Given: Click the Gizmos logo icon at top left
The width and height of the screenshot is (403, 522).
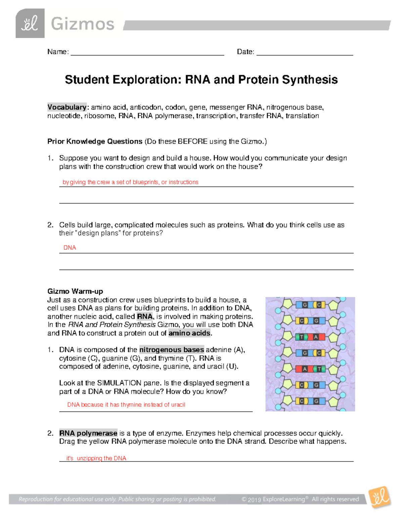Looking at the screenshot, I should click(30, 23).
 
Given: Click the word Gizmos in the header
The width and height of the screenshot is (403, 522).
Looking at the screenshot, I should click(83, 24).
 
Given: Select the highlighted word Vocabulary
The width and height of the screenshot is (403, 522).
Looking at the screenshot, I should click(67, 107).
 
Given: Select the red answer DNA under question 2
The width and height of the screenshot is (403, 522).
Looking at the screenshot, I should click(70, 248).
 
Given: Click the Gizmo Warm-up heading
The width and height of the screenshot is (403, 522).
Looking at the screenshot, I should click(75, 291).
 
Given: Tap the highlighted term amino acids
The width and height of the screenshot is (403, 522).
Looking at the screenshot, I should click(190, 333).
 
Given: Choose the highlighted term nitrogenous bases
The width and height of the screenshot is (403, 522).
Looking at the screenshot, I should click(172, 350).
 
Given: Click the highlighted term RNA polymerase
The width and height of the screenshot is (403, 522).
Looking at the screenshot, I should click(88, 433).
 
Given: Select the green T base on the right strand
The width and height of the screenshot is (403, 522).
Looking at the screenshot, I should click(319, 369).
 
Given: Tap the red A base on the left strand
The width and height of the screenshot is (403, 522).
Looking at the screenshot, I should click(305, 369).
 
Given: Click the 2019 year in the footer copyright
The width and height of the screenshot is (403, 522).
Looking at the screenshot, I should click(255, 500).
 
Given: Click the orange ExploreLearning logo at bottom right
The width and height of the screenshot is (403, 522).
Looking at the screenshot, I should click(379, 497).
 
